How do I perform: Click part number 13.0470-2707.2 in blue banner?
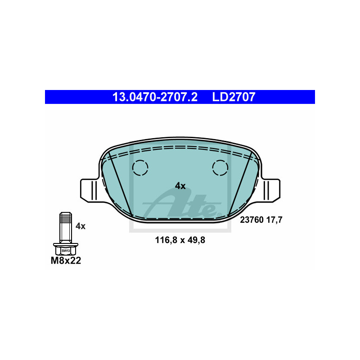click(x=155, y=97)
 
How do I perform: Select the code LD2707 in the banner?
click(x=234, y=97)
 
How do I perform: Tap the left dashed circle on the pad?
click(x=140, y=168)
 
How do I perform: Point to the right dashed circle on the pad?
click(x=220, y=168)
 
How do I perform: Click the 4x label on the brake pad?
click(x=180, y=186)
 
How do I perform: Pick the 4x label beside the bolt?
click(x=81, y=226)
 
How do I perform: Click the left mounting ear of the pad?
click(x=90, y=190)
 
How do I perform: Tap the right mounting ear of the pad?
click(x=270, y=190)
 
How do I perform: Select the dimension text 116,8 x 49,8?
click(x=180, y=240)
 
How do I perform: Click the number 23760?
click(x=252, y=220)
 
